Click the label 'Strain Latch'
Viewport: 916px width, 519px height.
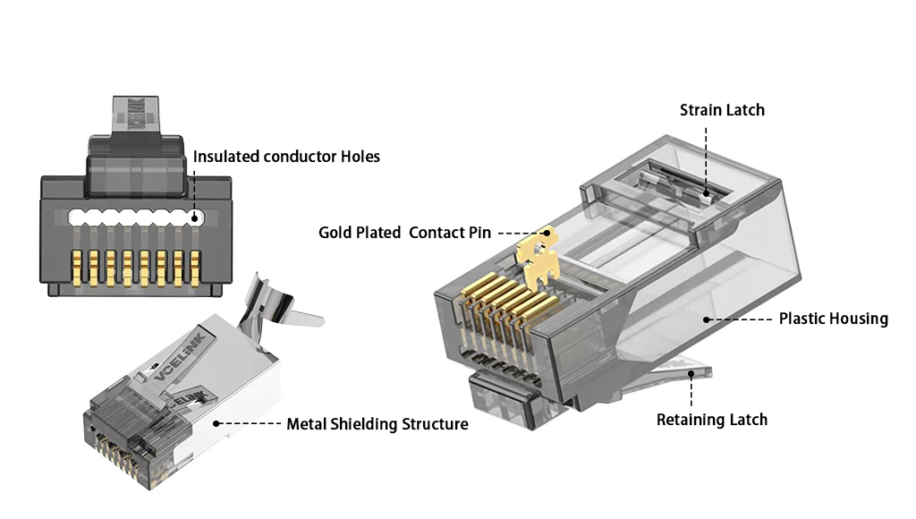[x=722, y=110]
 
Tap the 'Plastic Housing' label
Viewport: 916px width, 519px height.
[x=833, y=319]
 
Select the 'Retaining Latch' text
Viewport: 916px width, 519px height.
[x=711, y=420]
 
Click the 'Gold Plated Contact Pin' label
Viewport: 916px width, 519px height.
[x=404, y=233]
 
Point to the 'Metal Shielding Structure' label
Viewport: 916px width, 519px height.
[x=377, y=424]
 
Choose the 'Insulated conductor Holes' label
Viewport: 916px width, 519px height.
[x=286, y=157]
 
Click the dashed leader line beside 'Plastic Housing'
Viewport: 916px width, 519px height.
[x=738, y=319]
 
